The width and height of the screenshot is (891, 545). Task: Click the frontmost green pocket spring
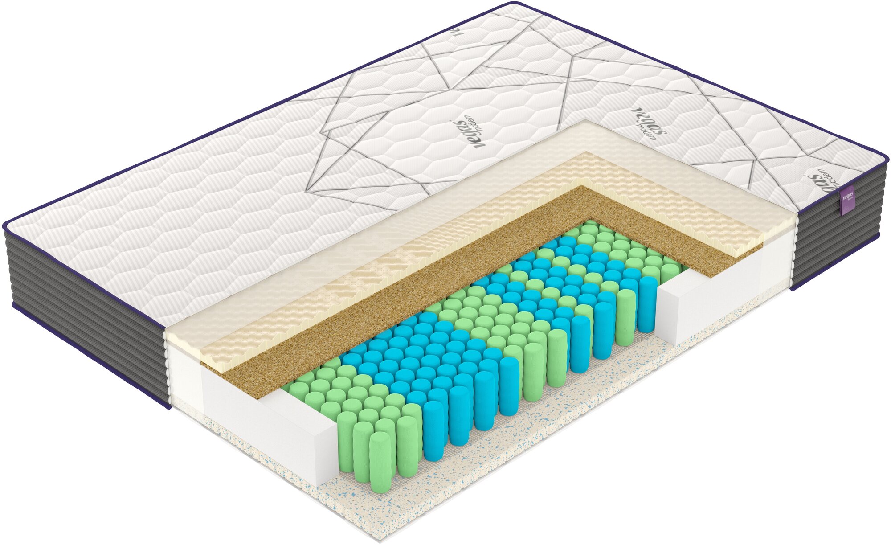380,463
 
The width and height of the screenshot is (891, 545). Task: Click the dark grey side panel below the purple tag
838,250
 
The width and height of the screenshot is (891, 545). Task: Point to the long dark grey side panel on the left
85,312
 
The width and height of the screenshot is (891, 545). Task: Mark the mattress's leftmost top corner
5,223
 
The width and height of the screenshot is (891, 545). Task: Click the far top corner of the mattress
512,4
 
